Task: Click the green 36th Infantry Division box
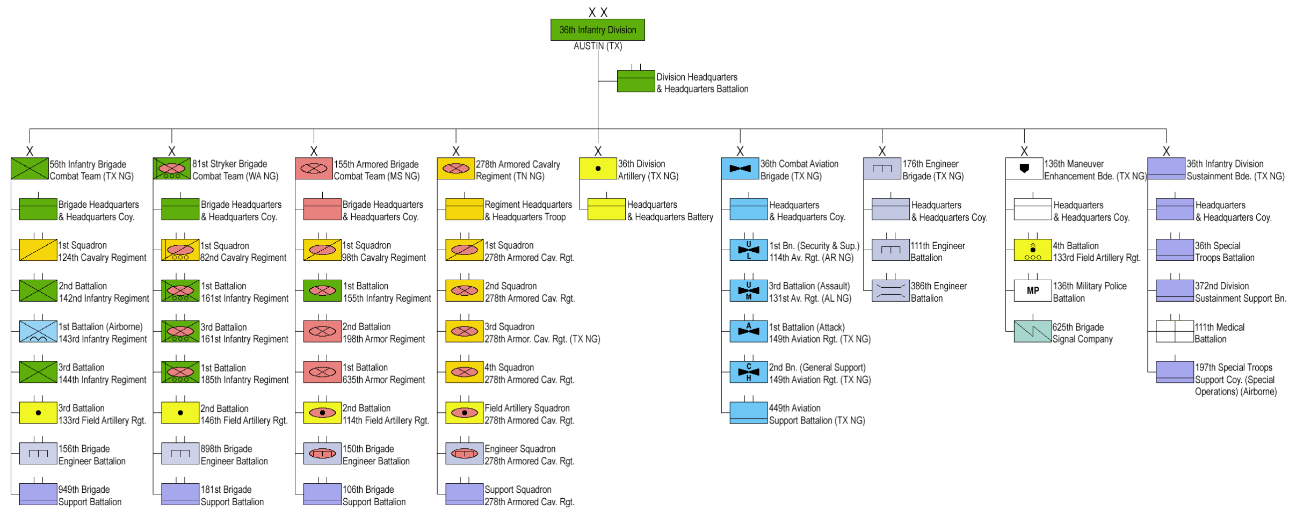[x=597, y=30]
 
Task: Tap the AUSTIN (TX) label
[x=597, y=47]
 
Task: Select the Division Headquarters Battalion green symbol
[x=636, y=81]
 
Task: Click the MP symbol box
[x=1032, y=290]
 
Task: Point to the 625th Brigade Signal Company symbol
[x=1032, y=331]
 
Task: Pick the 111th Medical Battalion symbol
[x=1175, y=331]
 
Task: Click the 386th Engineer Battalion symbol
[x=890, y=290]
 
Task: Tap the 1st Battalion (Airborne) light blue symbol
[x=38, y=331]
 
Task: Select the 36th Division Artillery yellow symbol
[x=598, y=169]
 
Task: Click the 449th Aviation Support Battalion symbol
[x=748, y=413]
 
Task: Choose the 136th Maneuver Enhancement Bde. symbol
[x=1024, y=169]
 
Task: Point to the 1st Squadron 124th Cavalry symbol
[x=38, y=250]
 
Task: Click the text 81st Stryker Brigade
[x=230, y=164]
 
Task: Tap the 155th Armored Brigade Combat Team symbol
[x=314, y=169]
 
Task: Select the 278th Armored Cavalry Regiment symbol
[x=455, y=169]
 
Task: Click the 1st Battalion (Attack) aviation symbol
[x=748, y=331]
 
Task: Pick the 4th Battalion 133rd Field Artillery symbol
[x=1032, y=250]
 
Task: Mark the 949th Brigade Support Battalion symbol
[x=38, y=494]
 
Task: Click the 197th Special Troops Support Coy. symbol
[x=1175, y=372]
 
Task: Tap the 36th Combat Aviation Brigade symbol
[x=740, y=169]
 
